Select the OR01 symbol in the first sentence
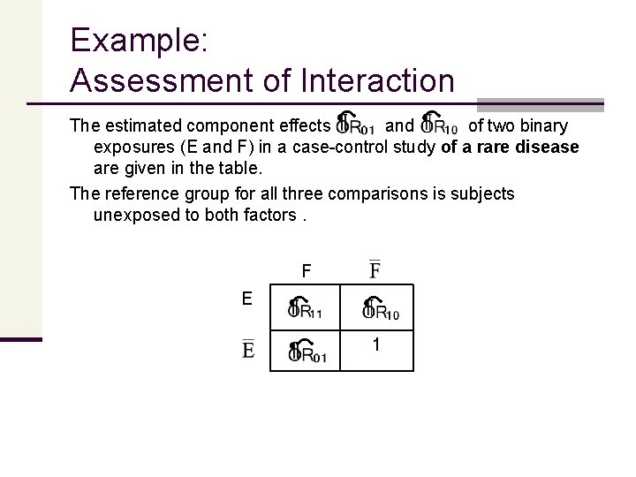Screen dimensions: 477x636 tap(355, 125)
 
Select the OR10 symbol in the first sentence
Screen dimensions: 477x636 tap(439, 125)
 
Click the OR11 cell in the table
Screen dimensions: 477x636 tap(305, 308)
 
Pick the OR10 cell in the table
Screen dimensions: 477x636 tap(377, 308)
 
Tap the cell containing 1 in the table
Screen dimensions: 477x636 tap(377, 346)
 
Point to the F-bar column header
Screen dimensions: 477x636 tap(375, 269)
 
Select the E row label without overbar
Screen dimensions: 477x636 tap(248, 299)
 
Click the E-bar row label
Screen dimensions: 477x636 tap(248, 349)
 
